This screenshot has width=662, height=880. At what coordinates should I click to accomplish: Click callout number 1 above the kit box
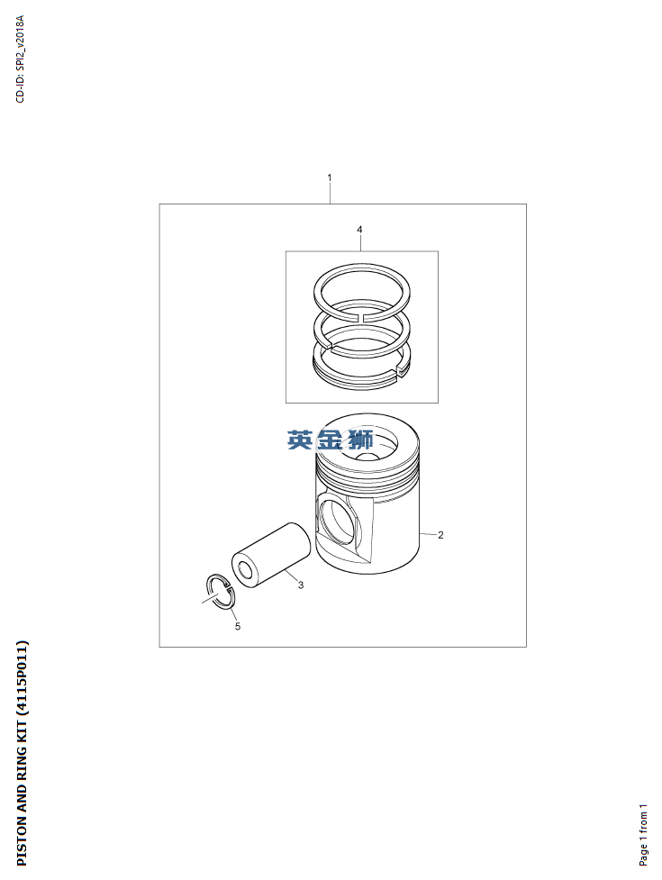pyautogui.click(x=330, y=178)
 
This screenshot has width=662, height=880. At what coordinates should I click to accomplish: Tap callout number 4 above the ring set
pyautogui.click(x=359, y=230)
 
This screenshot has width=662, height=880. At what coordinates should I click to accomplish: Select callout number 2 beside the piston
pyautogui.click(x=440, y=535)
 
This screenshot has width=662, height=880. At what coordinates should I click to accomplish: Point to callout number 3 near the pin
pyautogui.click(x=301, y=585)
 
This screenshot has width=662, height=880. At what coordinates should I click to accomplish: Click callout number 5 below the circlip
pyautogui.click(x=237, y=626)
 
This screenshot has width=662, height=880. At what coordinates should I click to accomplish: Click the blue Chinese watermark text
pyautogui.click(x=331, y=440)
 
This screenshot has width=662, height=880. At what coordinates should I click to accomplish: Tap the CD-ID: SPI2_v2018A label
pyautogui.click(x=20, y=59)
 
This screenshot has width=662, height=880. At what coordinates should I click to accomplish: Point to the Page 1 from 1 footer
pyautogui.click(x=643, y=835)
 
